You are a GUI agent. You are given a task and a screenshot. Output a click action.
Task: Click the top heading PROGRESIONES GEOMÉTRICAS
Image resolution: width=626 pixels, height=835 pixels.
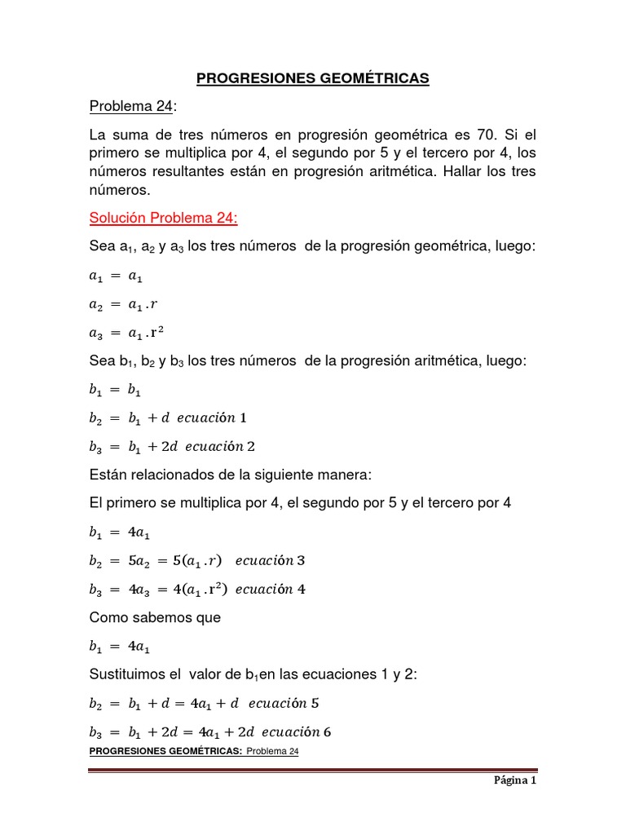pos(312,78)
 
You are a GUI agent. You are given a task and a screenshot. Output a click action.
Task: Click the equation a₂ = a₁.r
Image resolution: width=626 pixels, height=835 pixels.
pos(122,304)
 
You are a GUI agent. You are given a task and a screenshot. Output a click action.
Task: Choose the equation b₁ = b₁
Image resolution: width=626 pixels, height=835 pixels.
pos(115,390)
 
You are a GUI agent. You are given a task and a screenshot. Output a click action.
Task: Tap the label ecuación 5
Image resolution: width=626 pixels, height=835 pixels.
pos(289,703)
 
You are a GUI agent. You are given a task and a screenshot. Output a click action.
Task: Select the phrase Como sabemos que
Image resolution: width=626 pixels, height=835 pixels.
pos(155,617)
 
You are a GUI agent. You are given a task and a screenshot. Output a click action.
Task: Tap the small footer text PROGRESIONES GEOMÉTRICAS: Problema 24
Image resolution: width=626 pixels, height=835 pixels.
pos(194,751)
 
